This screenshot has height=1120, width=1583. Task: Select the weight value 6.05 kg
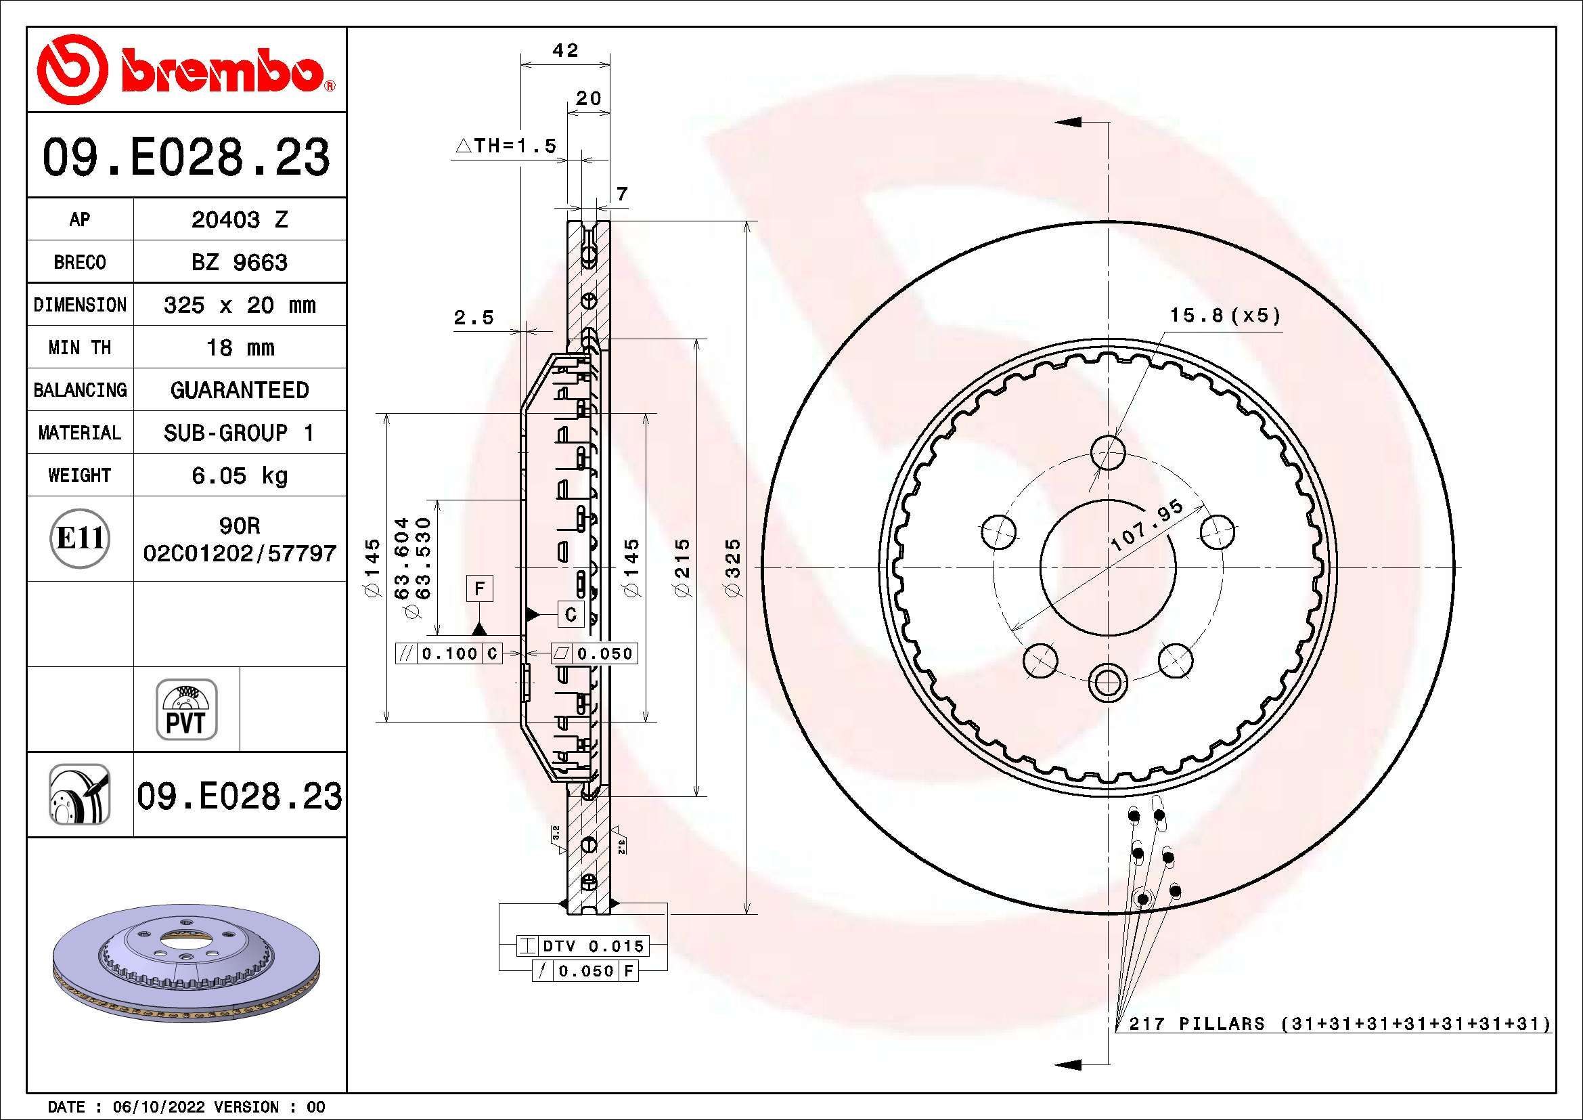pyautogui.click(x=239, y=475)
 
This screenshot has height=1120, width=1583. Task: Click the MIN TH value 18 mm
pyautogui.click(x=239, y=347)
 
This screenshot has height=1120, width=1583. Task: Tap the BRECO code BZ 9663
pyautogui.click(x=239, y=262)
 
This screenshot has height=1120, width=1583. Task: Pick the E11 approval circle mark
pyautogui.click(x=80, y=538)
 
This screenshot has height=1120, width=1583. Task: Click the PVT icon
pyautogui.click(x=186, y=710)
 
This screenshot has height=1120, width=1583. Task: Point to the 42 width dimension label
pyautogui.click(x=565, y=50)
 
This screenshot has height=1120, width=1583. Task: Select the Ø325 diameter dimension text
pyautogui.click(x=733, y=567)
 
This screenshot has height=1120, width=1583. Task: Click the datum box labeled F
pyautogui.click(x=480, y=588)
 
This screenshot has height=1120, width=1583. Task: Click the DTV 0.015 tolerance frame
pyautogui.click(x=583, y=945)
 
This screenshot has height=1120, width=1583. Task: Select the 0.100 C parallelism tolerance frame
pyautogui.click(x=449, y=653)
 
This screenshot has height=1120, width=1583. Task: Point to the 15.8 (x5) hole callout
pyautogui.click(x=1224, y=316)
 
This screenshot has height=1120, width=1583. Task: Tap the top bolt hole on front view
pyautogui.click(x=1108, y=452)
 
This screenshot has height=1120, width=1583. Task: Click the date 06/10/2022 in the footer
pyautogui.click(x=158, y=1107)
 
